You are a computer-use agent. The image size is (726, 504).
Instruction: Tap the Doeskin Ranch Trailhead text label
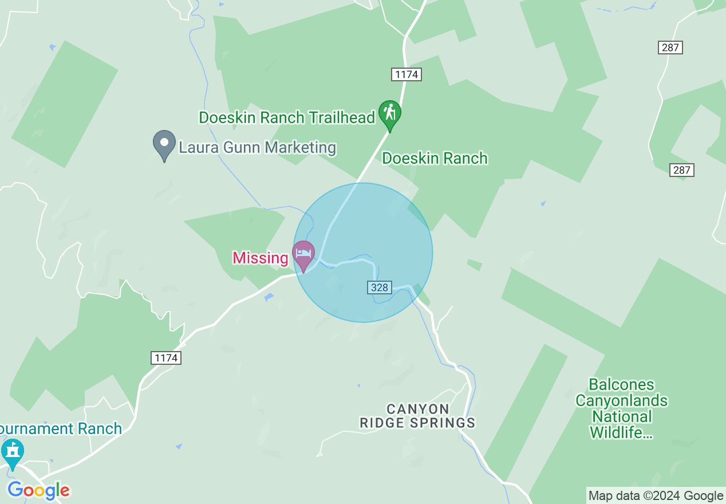coord(286,118)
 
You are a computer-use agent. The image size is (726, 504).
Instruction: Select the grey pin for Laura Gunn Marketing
coord(164,143)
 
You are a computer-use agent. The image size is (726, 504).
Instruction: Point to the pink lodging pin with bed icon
coord(303,253)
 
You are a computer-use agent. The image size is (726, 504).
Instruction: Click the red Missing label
coord(260,258)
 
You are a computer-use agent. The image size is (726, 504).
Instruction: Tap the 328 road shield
coord(379,288)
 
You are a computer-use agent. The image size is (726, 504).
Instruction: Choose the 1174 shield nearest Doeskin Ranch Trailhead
coord(407,74)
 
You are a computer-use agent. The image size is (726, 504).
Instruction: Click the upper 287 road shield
coord(670,48)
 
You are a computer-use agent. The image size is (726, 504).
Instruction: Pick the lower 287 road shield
coord(681,170)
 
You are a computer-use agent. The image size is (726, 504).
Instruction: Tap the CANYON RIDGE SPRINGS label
coord(417,416)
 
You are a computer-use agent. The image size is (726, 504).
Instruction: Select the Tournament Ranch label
coord(61,428)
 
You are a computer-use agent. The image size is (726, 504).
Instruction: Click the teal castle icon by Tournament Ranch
coord(12,451)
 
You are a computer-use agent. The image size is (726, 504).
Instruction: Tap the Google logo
coord(38,490)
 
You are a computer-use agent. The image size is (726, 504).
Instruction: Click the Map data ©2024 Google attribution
coord(656,496)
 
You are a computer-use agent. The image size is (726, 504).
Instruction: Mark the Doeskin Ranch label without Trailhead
coord(435,158)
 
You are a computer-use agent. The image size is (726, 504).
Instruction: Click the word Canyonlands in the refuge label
coord(621,400)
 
